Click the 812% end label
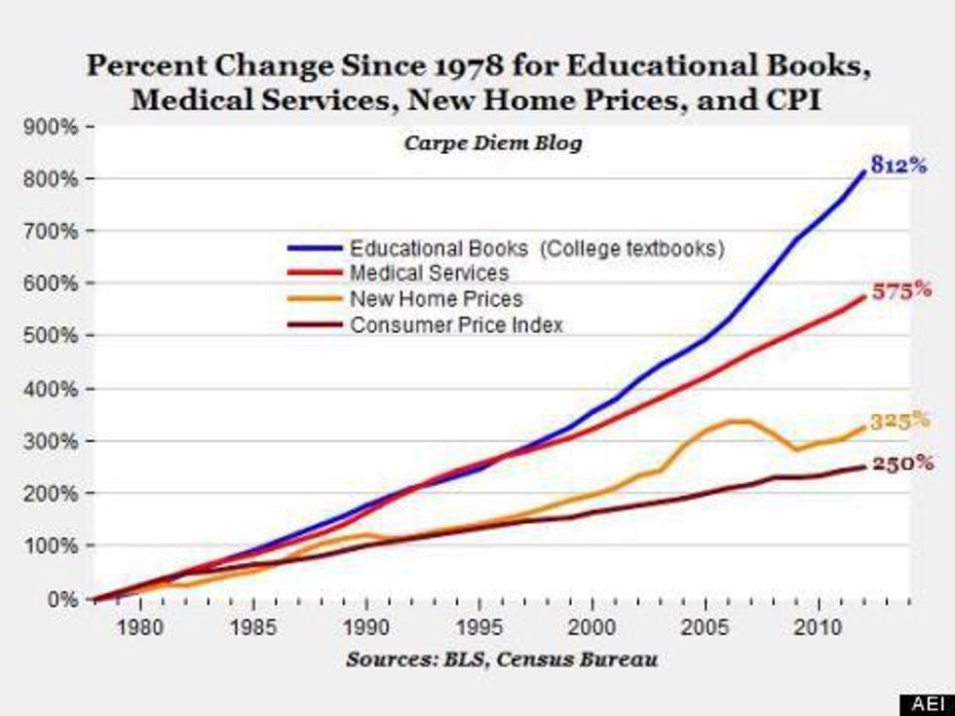pyautogui.click(x=898, y=167)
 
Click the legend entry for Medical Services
pyautogui.click(x=429, y=274)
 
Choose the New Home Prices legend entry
pyautogui.click(x=436, y=300)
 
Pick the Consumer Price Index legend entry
pyautogui.click(x=456, y=325)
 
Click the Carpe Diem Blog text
pyautogui.click(x=492, y=143)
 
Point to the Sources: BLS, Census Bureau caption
pyautogui.click(x=502, y=659)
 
